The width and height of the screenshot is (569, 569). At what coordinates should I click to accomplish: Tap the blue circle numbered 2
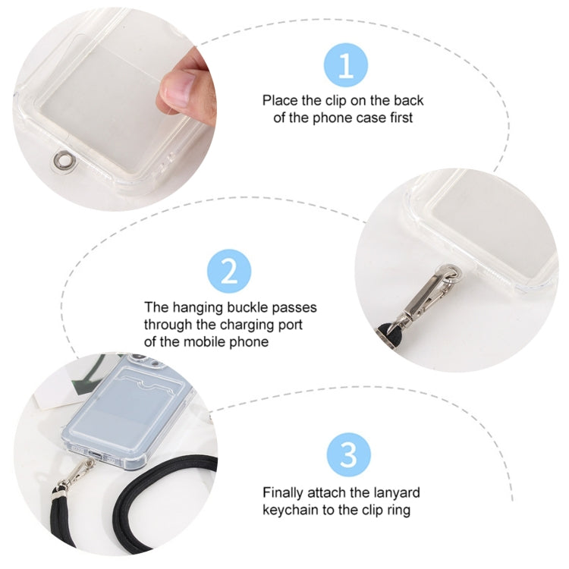pos(228,271)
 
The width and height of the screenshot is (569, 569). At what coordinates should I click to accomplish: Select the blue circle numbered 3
pos(348,456)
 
